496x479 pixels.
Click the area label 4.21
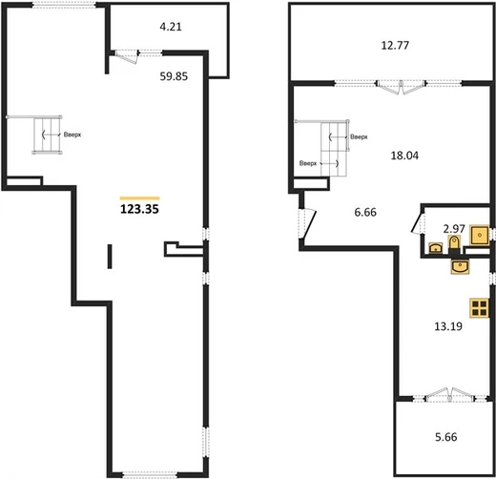click(x=171, y=27)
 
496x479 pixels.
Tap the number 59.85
click(x=174, y=76)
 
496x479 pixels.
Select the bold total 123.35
click(x=139, y=209)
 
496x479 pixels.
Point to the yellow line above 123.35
click(x=139, y=198)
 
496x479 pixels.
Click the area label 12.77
click(x=395, y=46)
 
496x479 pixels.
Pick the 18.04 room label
click(x=404, y=156)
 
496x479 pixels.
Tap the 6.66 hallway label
click(x=365, y=212)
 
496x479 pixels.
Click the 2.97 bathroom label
click(x=454, y=228)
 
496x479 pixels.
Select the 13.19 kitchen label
click(x=448, y=326)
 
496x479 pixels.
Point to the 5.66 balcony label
click(x=446, y=437)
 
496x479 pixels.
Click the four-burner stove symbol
click(x=480, y=308)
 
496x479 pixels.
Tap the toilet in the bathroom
click(x=454, y=244)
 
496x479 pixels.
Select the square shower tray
click(x=480, y=235)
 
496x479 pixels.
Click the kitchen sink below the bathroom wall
click(x=460, y=266)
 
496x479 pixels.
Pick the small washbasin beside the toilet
click(x=436, y=247)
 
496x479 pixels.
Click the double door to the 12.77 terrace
click(x=401, y=87)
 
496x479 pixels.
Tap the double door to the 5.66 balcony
click(x=450, y=394)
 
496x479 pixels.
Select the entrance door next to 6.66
click(x=307, y=223)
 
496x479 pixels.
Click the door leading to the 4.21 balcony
click(x=126, y=56)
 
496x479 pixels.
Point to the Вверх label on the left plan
click(x=72, y=135)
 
